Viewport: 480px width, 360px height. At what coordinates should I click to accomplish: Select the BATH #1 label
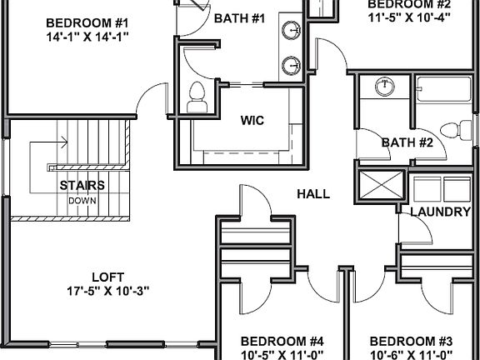(x=239, y=18)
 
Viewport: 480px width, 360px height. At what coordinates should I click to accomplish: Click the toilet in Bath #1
(x=198, y=97)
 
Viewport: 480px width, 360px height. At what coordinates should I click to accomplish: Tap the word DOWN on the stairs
(x=82, y=200)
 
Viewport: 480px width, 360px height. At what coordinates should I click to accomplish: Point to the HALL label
(x=313, y=194)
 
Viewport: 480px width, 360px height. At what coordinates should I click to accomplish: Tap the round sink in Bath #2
(x=384, y=87)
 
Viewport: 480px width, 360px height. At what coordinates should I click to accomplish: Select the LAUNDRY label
(x=440, y=212)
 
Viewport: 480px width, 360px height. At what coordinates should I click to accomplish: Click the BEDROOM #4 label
(x=282, y=341)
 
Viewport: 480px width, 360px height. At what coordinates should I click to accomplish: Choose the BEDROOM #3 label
(x=411, y=341)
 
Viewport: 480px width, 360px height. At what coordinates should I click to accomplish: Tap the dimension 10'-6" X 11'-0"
(x=411, y=355)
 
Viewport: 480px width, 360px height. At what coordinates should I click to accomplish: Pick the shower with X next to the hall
(x=379, y=183)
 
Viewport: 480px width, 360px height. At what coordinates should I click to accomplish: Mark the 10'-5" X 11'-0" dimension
(x=282, y=355)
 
